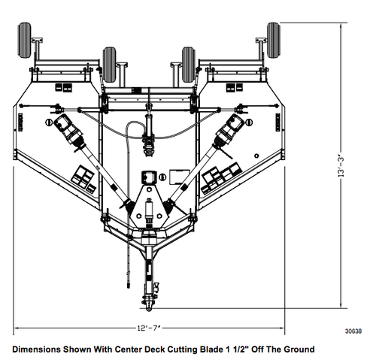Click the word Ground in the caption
(x=298, y=349)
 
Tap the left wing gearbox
(x=73, y=133)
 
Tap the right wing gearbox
(x=226, y=133)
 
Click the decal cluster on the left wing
(x=83, y=178)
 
